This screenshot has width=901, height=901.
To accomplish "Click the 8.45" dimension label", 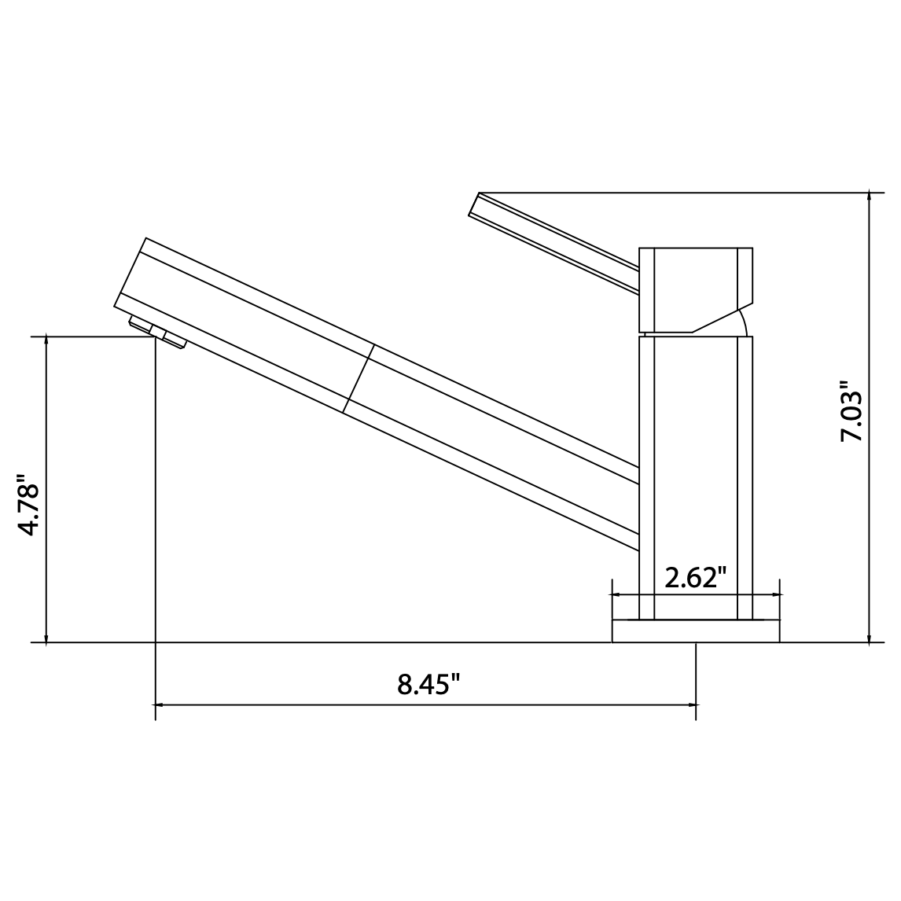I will click(x=428, y=684).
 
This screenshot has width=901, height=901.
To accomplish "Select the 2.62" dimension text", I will click(x=694, y=578).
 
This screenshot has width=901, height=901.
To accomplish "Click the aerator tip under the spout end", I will click(x=157, y=331).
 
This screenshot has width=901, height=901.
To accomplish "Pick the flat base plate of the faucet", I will click(x=696, y=631).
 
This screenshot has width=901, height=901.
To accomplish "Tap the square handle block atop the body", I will click(x=696, y=289).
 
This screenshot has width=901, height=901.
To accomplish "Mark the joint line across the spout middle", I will click(x=358, y=379).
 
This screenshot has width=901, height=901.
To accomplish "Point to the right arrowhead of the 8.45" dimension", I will click(x=692, y=704).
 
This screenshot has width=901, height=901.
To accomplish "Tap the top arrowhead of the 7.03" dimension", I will click(x=869, y=195).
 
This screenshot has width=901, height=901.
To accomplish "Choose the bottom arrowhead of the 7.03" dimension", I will click(x=869, y=638).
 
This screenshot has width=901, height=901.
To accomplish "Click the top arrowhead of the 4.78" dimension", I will click(x=47, y=341).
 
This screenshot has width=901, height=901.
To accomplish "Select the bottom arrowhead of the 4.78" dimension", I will click(x=47, y=638).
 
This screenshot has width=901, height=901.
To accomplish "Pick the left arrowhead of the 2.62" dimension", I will click(x=616, y=595).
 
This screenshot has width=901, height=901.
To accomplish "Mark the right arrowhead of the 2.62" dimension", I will click(x=776, y=595).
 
